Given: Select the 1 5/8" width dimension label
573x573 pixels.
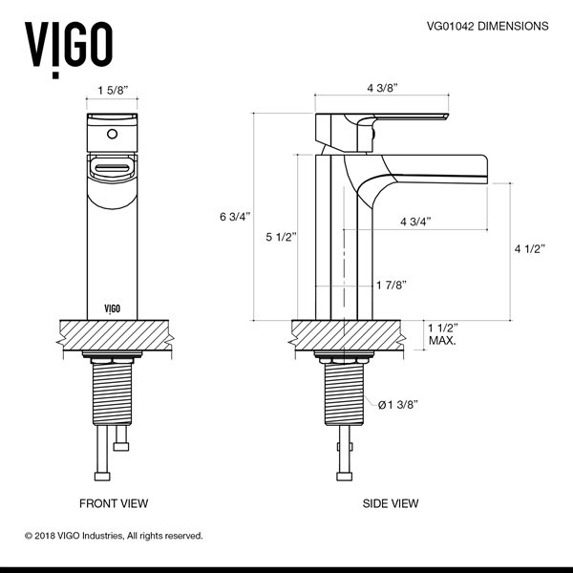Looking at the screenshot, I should click(x=114, y=92).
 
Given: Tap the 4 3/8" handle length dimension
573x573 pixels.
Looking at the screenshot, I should click(x=382, y=87).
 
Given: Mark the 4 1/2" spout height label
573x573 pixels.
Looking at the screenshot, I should click(x=528, y=249).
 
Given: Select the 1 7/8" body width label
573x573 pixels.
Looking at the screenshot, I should click(x=392, y=285).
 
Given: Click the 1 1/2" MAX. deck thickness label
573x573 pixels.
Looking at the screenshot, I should click(x=441, y=333).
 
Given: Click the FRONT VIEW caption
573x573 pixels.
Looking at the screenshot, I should click(x=113, y=502).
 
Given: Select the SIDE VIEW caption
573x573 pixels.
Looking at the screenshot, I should click(x=391, y=502).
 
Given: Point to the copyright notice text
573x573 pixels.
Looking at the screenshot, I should click(x=114, y=536).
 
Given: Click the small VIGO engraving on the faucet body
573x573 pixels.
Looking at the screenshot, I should click(x=113, y=308).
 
